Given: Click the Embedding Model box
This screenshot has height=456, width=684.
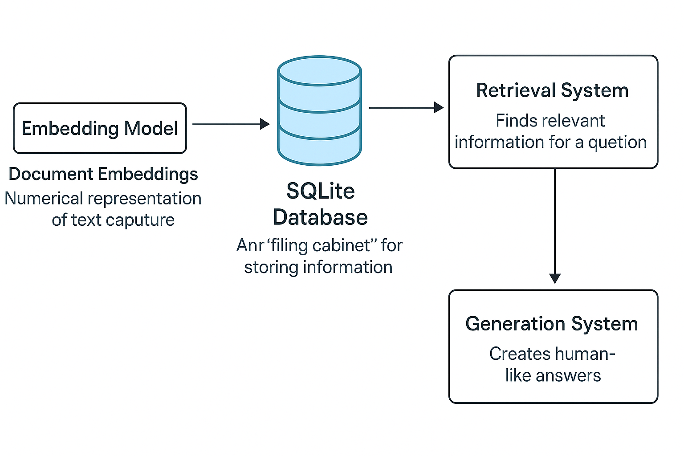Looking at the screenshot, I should (x=100, y=128).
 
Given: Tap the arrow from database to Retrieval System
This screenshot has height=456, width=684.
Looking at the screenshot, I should (x=406, y=107).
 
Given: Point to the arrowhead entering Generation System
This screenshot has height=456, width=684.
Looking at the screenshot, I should (x=555, y=278).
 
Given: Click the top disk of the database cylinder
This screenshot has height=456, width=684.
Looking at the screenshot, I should (x=319, y=71).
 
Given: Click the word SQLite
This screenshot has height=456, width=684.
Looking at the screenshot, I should (x=320, y=191).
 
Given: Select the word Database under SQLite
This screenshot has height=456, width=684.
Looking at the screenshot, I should (x=320, y=218).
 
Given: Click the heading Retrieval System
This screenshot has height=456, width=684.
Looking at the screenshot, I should (x=552, y=90).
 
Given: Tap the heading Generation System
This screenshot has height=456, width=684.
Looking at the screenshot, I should (x=552, y=324).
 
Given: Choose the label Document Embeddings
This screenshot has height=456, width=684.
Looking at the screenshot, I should (x=103, y=174).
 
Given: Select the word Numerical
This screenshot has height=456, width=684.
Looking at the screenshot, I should (x=44, y=199).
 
